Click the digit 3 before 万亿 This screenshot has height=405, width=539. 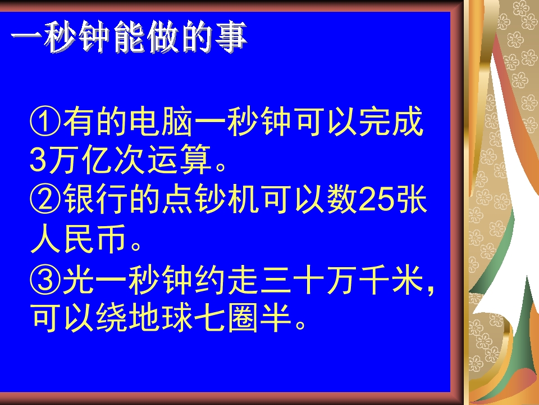click(38, 160)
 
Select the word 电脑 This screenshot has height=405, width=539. click(162, 122)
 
